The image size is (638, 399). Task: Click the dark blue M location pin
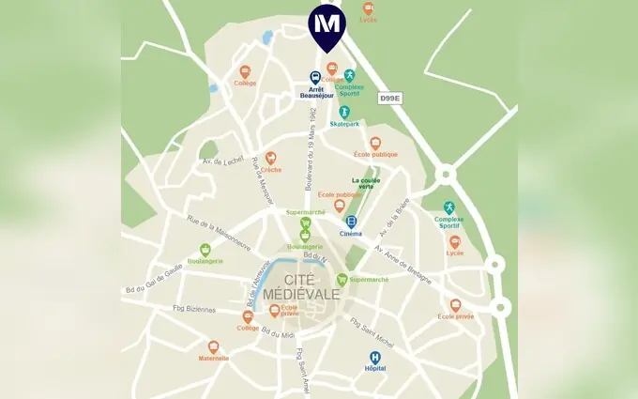coord(327,25)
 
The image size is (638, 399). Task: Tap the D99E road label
coord(390,98)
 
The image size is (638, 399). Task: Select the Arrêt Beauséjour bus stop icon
coord(316,78)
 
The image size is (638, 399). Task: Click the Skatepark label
coord(344,123)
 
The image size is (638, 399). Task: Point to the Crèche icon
coord(271,158)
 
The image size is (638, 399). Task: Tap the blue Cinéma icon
coord(351,222)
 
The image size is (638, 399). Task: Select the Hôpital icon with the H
coord(375,357)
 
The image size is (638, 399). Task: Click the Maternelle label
coord(213,358)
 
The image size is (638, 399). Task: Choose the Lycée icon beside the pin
coord(369,8)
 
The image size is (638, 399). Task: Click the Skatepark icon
coord(344,112)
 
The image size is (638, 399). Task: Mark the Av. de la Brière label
coord(396,221)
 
